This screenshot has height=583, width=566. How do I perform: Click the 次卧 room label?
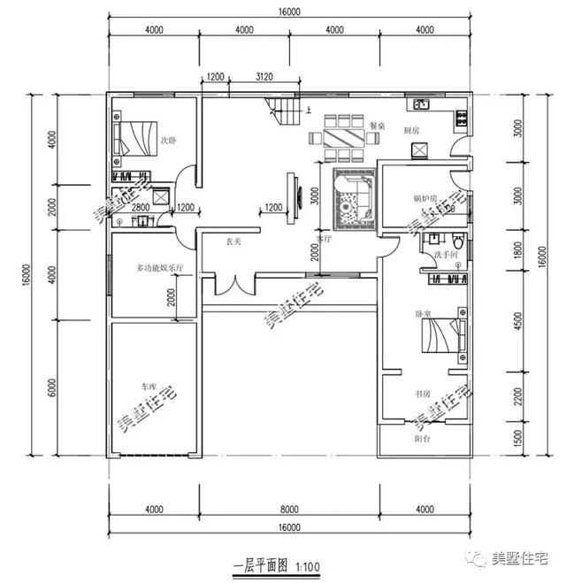(x=168, y=140)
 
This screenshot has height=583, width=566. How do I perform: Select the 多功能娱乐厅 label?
(x=158, y=267)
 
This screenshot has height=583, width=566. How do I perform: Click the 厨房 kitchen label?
(x=411, y=130)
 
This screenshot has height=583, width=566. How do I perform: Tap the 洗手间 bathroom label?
(x=444, y=256)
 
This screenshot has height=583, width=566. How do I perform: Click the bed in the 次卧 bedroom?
(x=134, y=138)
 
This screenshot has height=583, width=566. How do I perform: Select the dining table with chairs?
(x=343, y=138)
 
